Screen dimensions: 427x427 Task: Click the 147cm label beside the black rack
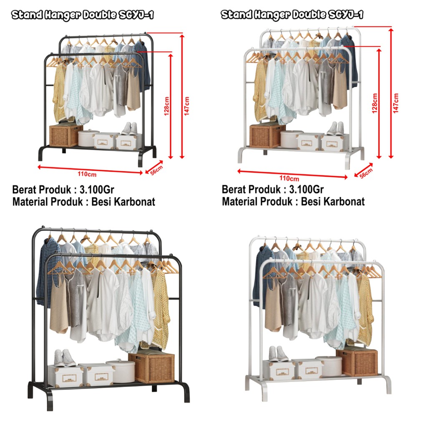pyautogui.click(x=187, y=106)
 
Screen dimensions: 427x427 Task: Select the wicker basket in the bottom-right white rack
pyautogui.click(x=357, y=362)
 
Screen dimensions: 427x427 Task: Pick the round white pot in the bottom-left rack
pyautogui.click(x=121, y=371)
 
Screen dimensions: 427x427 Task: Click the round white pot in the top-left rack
pyautogui.click(x=88, y=138)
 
